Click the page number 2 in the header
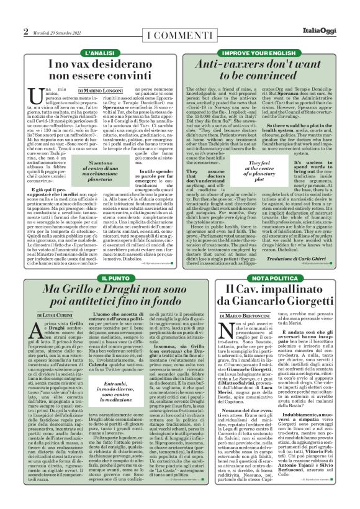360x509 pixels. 26,32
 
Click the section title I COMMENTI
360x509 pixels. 179,32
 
